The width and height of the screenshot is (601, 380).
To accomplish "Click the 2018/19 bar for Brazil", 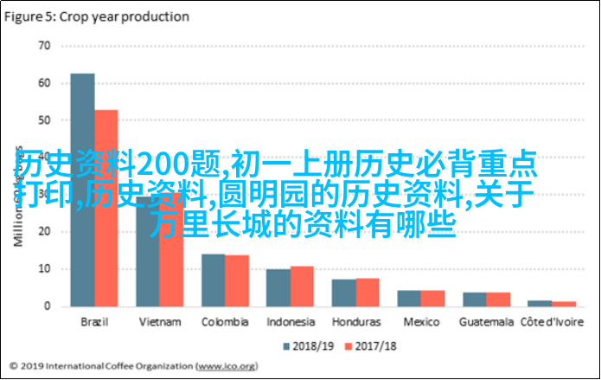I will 83,190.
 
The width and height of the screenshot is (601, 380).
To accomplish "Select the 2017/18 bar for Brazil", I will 105,208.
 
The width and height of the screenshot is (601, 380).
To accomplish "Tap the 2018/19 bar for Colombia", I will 213,280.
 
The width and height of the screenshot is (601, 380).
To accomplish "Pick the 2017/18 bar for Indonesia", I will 302,286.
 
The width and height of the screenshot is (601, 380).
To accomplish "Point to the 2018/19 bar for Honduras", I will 343,292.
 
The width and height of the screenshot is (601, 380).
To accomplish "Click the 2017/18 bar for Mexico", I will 432,298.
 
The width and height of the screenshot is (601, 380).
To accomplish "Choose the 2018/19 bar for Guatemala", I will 474,299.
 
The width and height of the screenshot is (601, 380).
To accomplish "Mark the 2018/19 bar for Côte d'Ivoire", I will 540,303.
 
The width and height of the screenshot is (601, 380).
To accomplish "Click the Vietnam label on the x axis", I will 159,321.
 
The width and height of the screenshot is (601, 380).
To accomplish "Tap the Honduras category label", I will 355,321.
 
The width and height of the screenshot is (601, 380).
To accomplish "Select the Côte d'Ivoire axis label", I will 552,321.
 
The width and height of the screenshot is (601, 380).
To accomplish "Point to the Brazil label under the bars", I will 94,321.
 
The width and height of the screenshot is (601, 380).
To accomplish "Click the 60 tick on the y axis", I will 43,82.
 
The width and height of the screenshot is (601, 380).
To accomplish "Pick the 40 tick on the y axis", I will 43,157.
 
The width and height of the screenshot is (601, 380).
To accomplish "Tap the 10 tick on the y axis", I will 43,269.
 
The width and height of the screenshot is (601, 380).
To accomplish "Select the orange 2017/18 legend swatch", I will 349,346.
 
